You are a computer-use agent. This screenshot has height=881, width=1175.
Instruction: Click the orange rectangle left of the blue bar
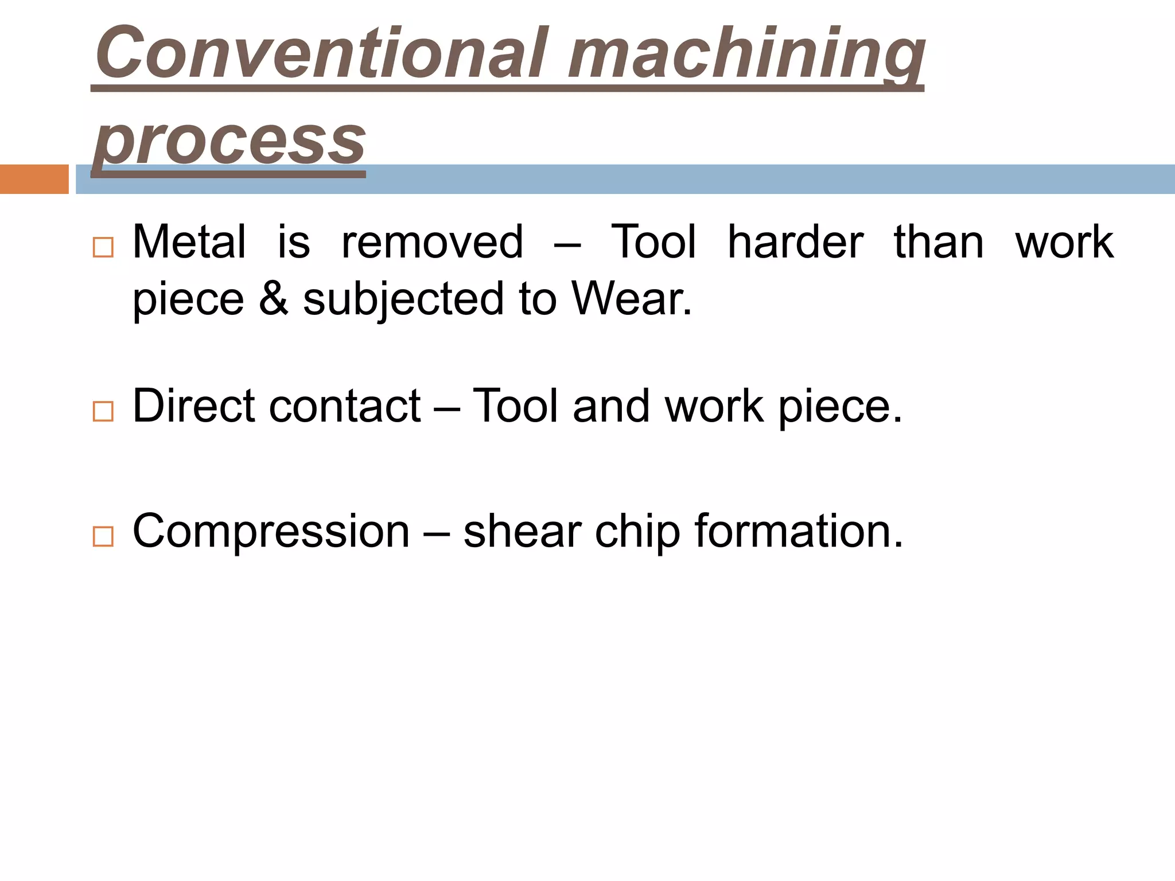pos(34,179)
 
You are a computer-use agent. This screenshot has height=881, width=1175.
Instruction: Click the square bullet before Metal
pos(103,247)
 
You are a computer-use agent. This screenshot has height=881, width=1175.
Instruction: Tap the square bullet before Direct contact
pos(103,411)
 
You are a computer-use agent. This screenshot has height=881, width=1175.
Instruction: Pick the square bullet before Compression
pos(103,536)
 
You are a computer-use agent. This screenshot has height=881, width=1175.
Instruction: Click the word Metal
pos(189,242)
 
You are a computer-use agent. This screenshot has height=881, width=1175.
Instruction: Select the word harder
pos(795,242)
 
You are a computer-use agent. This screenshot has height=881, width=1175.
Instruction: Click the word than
pos(939,242)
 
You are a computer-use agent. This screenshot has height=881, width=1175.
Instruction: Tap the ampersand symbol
pos(274,298)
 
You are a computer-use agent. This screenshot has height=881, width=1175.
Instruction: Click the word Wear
pos(631,298)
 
